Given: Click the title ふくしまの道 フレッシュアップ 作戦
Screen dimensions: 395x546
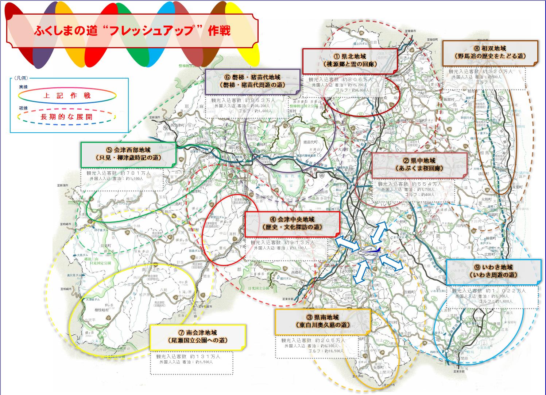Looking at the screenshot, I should (132, 31).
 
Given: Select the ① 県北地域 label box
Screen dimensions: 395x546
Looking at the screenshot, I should (350, 60).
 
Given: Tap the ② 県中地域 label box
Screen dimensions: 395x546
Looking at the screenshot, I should (419, 164).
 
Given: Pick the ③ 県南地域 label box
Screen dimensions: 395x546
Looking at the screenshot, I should (322, 321).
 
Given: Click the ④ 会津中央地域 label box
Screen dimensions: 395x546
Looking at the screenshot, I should (292, 223).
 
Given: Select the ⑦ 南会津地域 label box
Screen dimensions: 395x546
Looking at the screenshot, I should (197, 337).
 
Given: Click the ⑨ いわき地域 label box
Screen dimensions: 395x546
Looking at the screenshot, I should (493, 271).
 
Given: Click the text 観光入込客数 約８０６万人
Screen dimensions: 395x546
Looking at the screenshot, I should (340, 79).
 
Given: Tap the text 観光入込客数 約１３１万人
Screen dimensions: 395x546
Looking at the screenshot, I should (188, 356).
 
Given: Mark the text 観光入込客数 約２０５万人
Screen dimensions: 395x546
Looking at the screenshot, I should (313, 340).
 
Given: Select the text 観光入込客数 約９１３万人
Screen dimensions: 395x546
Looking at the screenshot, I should (282, 242).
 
